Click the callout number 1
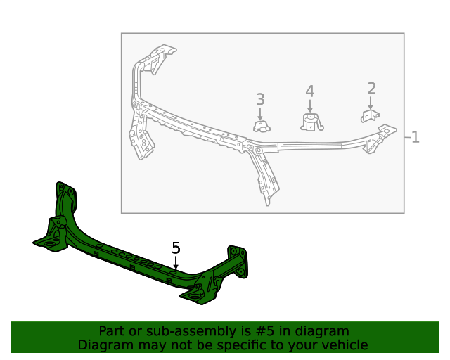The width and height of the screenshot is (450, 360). (416, 137)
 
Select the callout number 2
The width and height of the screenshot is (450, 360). (371, 89)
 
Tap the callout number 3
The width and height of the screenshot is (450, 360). (260, 100)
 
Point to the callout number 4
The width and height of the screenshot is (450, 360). (309, 91)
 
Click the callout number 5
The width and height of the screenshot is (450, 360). (176, 248)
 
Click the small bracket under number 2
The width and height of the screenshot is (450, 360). (370, 115)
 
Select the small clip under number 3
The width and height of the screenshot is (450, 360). (262, 127)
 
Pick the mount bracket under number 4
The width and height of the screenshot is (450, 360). (310, 123)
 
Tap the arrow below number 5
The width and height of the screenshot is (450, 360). (176, 262)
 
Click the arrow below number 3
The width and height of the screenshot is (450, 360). (260, 113)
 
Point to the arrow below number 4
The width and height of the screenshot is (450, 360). (309, 105)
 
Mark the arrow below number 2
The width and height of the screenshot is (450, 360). (371, 103)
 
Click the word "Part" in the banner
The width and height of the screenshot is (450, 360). (112, 331)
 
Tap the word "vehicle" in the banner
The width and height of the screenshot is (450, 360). (344, 345)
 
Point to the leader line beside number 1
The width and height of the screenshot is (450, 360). (407, 137)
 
